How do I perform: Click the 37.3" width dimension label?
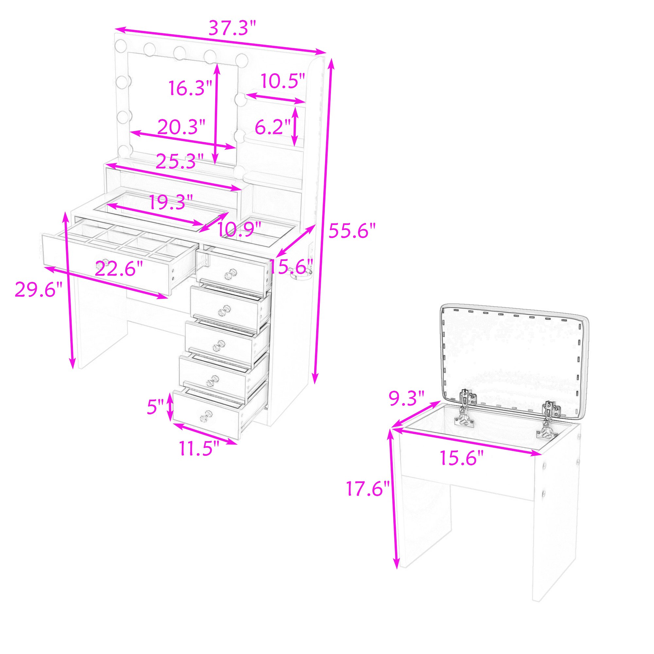click(x=232, y=28)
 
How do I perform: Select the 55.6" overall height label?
click(x=352, y=231)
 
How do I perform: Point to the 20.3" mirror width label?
click(x=181, y=127)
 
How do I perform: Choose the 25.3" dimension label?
click(x=180, y=162)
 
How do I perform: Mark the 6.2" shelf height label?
click(x=273, y=127)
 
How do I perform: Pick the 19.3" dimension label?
click(x=171, y=202)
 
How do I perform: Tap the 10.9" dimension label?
click(x=239, y=230)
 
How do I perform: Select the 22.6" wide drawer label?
click(x=119, y=269)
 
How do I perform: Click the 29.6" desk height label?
click(x=39, y=290)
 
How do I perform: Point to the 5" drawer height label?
click(x=155, y=406)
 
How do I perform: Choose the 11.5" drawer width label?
click(x=199, y=449)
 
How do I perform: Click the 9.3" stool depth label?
click(x=406, y=398)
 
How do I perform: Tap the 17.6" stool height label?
click(x=368, y=489)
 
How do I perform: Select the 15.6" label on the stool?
click(x=462, y=458)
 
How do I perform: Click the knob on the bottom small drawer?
click(x=205, y=416)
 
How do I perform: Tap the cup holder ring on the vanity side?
click(x=301, y=275)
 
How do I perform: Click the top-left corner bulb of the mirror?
click(x=121, y=46)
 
